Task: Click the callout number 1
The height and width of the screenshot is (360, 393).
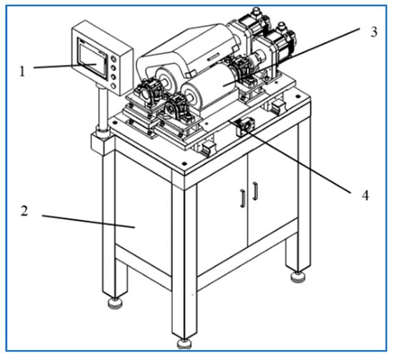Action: pyautogui.click(x=23, y=71)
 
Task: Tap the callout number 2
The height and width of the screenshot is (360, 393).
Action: pyautogui.click(x=24, y=211)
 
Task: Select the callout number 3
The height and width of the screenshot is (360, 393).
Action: pyautogui.click(x=374, y=32)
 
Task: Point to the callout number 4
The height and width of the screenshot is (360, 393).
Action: pyautogui.click(x=366, y=195)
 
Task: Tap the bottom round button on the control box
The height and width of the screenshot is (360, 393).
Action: pyautogui.click(x=114, y=86)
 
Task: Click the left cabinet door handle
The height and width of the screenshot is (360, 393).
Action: pyautogui.click(x=242, y=199)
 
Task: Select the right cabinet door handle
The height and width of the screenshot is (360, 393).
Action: pyautogui.click(x=255, y=191)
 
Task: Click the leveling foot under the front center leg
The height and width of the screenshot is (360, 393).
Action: pyautogui.click(x=184, y=344)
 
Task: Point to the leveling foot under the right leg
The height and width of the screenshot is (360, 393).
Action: pyautogui.click(x=298, y=276)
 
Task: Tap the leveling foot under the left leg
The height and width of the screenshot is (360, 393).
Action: pyautogui.click(x=115, y=303)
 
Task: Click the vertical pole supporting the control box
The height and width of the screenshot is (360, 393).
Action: pyautogui.click(x=102, y=108)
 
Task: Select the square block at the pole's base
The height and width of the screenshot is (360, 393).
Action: pyautogui.click(x=101, y=144)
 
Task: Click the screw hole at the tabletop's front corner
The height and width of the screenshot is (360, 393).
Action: pyautogui.click(x=184, y=164)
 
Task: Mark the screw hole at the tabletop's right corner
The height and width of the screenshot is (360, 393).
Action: pyautogui.click(x=297, y=96)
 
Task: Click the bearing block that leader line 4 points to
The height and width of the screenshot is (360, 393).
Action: pyautogui.click(x=245, y=126)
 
